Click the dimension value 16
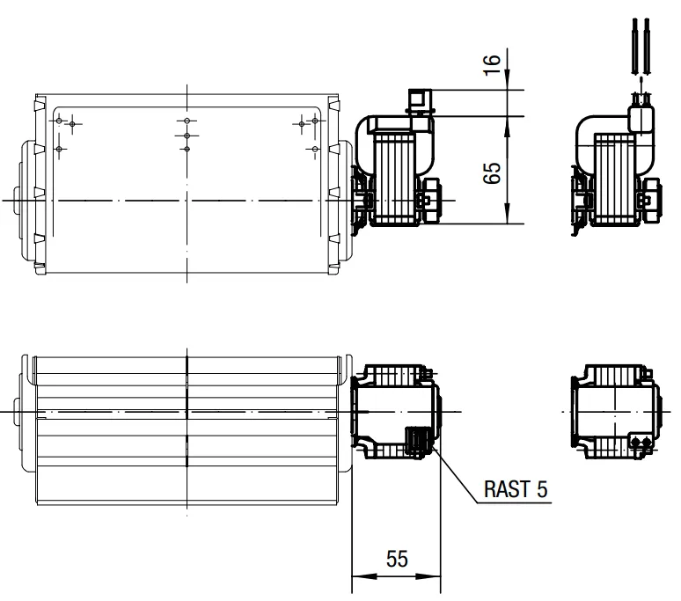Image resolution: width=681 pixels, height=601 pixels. pyautogui.click(x=493, y=65)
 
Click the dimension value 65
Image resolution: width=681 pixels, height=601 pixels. pyautogui.click(x=493, y=173)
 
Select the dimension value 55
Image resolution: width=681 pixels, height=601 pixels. pyautogui.click(x=397, y=559)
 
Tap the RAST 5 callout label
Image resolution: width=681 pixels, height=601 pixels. pyautogui.click(x=516, y=489)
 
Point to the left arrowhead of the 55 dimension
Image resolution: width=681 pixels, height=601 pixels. pyautogui.click(x=364, y=576)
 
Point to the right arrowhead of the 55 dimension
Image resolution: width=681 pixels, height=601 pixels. pyautogui.click(x=428, y=576)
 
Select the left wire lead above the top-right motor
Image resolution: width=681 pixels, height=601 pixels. pyautogui.click(x=635, y=47)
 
